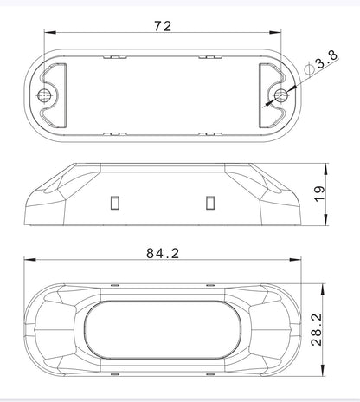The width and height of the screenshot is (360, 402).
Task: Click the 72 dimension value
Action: point(163,26)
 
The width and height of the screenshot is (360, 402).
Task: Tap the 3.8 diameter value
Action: point(326,59)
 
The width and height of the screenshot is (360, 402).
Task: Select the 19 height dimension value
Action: point(319,194)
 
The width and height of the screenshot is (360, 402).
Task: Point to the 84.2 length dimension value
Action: point(163,253)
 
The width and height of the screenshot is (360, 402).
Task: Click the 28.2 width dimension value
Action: point(317,330)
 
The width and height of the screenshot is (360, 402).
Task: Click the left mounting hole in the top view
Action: point(44,95)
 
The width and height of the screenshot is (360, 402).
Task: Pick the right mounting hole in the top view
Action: point(280,95)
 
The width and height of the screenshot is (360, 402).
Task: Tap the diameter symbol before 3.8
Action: point(309,68)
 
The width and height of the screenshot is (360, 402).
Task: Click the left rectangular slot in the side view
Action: point(115,203)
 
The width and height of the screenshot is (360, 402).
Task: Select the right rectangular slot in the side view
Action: point(210,203)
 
